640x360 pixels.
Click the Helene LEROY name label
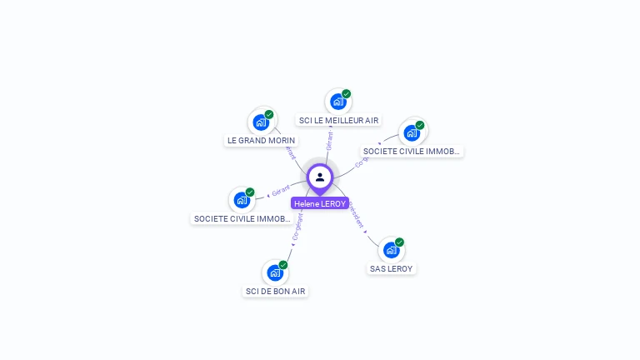click(x=319, y=203)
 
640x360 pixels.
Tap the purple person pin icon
click(x=320, y=177)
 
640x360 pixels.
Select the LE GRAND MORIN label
click(x=261, y=141)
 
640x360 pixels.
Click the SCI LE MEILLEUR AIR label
click(x=338, y=121)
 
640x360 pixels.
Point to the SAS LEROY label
click(x=391, y=268)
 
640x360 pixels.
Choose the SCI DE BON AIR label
click(x=275, y=291)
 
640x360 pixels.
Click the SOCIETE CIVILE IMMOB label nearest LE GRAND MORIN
click(x=242, y=218)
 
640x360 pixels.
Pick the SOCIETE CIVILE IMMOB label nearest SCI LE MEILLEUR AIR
click(x=412, y=152)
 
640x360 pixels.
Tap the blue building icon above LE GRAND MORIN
click(x=261, y=122)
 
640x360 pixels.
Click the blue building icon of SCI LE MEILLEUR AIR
click(x=337, y=102)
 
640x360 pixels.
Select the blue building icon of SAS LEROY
click(x=391, y=250)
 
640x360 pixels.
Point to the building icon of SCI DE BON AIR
click(x=274, y=272)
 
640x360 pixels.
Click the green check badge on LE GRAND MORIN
click(x=269, y=115)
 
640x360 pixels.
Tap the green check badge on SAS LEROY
click(x=399, y=242)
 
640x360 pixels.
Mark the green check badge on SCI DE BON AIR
click(x=283, y=265)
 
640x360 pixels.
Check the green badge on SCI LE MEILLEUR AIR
click(x=346, y=94)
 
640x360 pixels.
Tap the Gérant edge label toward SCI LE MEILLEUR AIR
click(x=329, y=140)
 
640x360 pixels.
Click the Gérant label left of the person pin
click(x=281, y=192)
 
